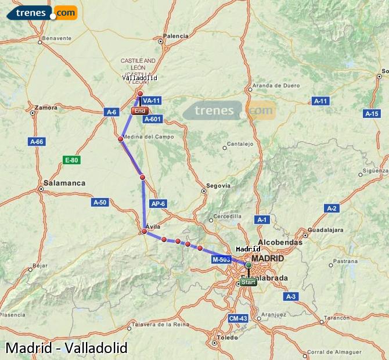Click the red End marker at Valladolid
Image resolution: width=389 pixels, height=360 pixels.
pyautogui.click(x=139, y=110)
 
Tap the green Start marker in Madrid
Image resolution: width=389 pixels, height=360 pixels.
pyautogui.click(x=248, y=282)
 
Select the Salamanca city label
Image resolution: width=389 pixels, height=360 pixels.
pyautogui.click(x=64, y=183)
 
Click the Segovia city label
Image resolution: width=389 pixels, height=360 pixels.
pyautogui.click(x=219, y=186)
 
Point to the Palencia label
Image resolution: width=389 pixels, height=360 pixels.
pyautogui.click(x=175, y=36)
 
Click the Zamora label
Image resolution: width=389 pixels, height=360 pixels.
pyautogui.click(x=46, y=107)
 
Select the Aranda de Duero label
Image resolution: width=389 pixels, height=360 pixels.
pyautogui.click(x=276, y=85)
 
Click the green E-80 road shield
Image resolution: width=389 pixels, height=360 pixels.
pyautogui.click(x=71, y=160)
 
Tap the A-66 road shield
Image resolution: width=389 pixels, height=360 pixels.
pyautogui.click(x=37, y=141)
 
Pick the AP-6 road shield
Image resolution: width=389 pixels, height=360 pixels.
pyautogui.click(x=158, y=204)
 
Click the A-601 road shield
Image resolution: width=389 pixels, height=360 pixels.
pyautogui.click(x=152, y=119)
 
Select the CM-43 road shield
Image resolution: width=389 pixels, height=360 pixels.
pyautogui.click(x=238, y=319)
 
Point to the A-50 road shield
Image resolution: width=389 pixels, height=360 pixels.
pyautogui.click(x=100, y=202)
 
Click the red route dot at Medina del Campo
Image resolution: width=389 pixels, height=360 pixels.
pyautogui.click(x=120, y=139)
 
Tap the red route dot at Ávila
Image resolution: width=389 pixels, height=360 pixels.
pyautogui.click(x=144, y=232)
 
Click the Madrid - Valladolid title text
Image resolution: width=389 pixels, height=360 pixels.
pyautogui.click(x=66, y=348)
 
